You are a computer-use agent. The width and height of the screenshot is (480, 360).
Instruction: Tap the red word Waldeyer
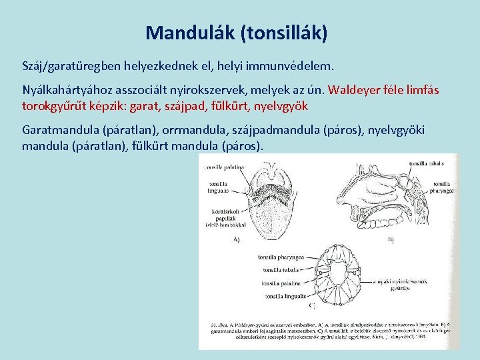click(x=356, y=90)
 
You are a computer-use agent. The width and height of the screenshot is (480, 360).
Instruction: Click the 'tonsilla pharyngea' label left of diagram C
click(x=282, y=256)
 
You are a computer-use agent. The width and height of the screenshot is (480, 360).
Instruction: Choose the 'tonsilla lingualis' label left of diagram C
click(x=285, y=295)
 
